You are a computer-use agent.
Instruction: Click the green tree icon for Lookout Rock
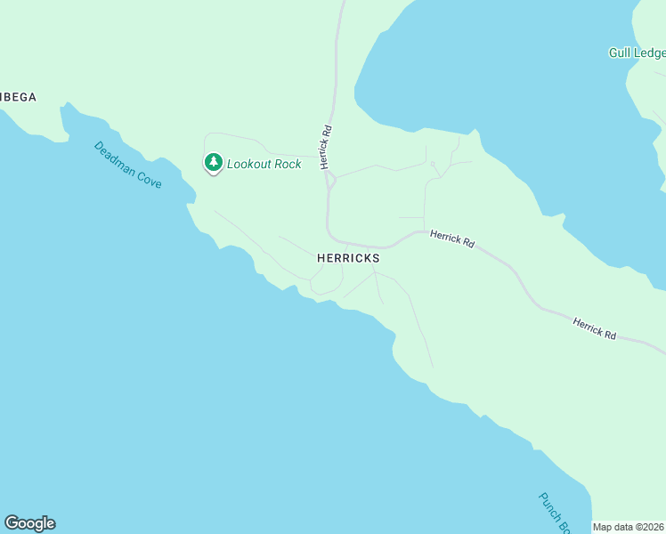pos(213,162)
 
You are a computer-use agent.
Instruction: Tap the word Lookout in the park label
pos(250,164)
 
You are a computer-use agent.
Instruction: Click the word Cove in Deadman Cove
pos(149,177)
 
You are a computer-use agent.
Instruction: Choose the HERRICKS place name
pos(348,258)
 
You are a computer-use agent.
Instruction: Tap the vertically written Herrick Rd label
pos(326,146)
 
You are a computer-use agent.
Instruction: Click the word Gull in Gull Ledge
pos(620,53)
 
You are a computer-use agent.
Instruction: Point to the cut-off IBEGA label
pos(18,97)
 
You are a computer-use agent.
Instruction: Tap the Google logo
pos(29,523)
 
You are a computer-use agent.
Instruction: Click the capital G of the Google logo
pos(12,522)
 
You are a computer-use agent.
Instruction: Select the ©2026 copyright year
pos(651,527)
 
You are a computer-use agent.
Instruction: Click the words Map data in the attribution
pos(613,527)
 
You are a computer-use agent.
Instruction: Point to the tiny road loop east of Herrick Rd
pos(433,165)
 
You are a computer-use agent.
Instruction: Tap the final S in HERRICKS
pos(376,258)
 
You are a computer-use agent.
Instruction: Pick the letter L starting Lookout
pos(231,164)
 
